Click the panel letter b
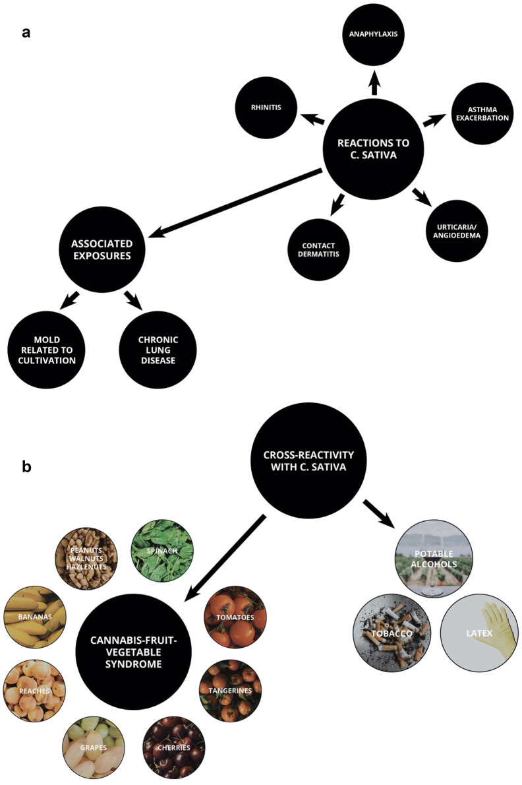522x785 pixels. point(27,467)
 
